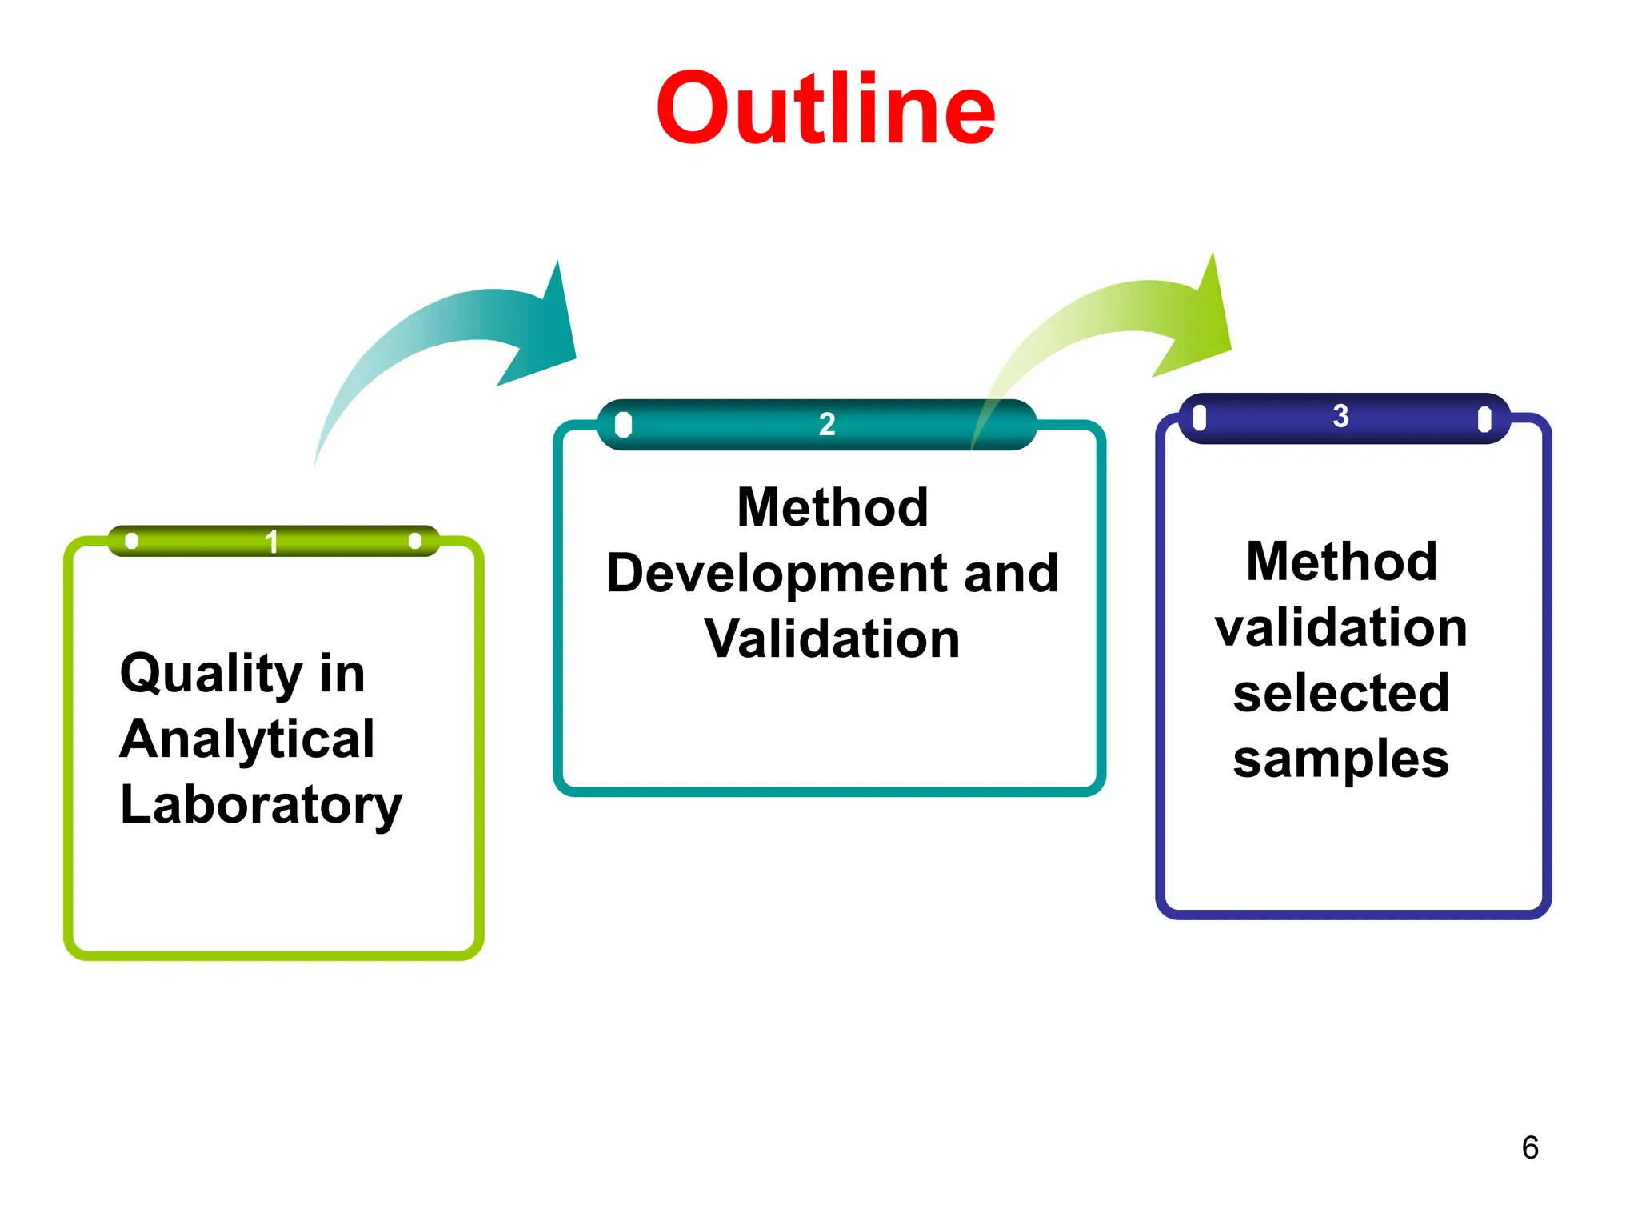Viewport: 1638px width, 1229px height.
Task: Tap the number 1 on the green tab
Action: pos(271,542)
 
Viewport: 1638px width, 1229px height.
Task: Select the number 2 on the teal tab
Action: pos(827,424)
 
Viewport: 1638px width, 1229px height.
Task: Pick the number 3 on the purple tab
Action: pos(1341,416)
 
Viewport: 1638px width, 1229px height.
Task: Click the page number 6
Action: pos(1530,1147)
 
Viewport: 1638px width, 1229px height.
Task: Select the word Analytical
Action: pos(247,739)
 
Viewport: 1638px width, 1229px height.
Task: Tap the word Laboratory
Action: pos(261,805)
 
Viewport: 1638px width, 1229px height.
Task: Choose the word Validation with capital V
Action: pos(832,639)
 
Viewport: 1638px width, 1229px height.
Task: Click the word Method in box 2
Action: pos(832,508)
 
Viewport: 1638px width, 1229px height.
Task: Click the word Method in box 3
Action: pos(1341,562)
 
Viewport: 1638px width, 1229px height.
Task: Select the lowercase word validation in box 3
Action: pos(1341,627)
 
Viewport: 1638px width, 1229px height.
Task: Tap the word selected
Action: pos(1341,693)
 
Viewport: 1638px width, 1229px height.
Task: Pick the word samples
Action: pos(1341,759)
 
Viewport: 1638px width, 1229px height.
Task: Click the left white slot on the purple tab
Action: pos(1199,418)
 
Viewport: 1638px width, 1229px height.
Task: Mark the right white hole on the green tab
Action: pos(414,541)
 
